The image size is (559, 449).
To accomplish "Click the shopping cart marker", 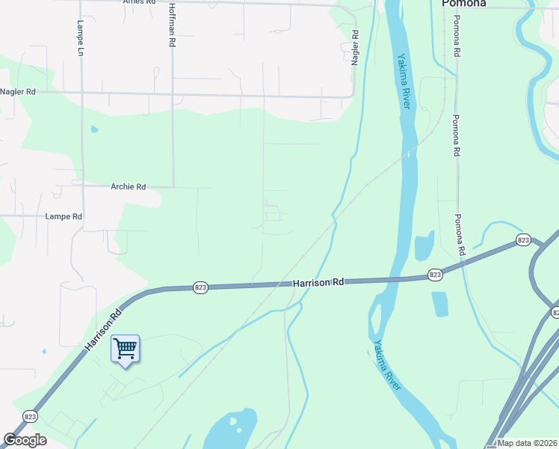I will pos(125,348).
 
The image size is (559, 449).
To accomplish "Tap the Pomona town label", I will pos(463,4).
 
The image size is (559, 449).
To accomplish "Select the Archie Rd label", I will pos(128,187).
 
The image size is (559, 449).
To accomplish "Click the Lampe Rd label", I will pos(64,216).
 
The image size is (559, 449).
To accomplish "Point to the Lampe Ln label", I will pos(80,38).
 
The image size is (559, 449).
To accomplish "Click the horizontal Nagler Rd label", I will pos(18,92).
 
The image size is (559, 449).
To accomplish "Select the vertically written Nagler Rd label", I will pos(355,47).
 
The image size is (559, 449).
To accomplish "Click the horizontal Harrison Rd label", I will pos(318,283).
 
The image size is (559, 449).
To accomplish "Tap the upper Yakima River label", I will pos(404,81).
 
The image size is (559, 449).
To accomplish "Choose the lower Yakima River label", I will pos(387,366).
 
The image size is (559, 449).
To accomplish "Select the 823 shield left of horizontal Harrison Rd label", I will pos(200,287).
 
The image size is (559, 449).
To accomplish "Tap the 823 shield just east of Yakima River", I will pos(436,275).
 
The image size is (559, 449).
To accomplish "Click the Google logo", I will pos(25,440).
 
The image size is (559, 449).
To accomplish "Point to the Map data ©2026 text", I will pos(528,443).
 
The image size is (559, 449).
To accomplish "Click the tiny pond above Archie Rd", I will pos(94,129).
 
